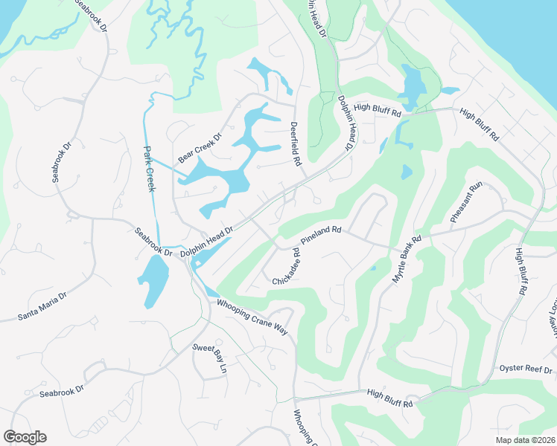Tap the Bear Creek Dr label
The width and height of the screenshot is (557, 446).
click(200, 149)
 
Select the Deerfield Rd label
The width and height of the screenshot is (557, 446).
click(295, 143)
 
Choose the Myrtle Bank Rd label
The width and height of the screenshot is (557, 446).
click(407, 258)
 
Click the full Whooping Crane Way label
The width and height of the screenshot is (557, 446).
click(252, 317)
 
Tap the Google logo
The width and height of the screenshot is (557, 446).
click(25, 437)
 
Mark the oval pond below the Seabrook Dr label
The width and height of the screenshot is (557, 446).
click(153, 282)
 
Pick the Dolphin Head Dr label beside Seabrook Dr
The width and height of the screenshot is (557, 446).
click(207, 242)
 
